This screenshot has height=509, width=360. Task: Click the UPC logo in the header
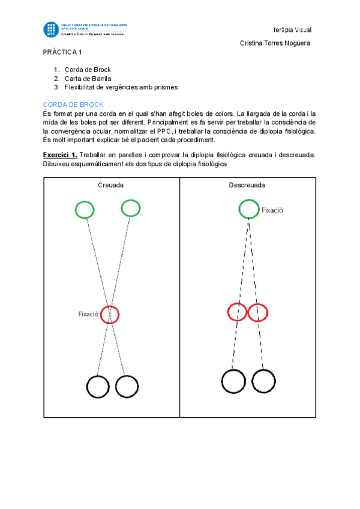tap(50, 29)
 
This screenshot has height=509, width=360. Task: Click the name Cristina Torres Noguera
tap(275, 43)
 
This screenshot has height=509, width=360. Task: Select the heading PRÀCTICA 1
tap(62, 52)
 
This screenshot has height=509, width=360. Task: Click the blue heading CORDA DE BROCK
tap(73, 104)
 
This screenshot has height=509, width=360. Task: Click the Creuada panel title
tap(111, 185)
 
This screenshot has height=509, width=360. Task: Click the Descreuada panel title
tap(247, 185)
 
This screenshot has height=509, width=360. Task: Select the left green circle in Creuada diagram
tap(85, 210)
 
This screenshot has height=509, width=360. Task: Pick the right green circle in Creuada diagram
tap(130, 208)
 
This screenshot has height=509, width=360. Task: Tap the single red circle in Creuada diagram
tap(110, 314)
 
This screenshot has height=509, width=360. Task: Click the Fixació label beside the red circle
tap(88, 314)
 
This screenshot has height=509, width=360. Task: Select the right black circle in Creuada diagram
tap(127, 386)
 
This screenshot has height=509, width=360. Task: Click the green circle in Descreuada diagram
tap(248, 209)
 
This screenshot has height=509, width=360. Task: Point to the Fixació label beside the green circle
tap(272, 210)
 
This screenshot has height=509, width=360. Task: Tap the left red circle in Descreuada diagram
tap(238, 312)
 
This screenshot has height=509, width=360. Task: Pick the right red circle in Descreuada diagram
tap(258, 312)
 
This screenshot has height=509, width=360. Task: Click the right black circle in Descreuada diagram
tap(263, 381)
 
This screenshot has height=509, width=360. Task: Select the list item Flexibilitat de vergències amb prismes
tap(121, 87)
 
